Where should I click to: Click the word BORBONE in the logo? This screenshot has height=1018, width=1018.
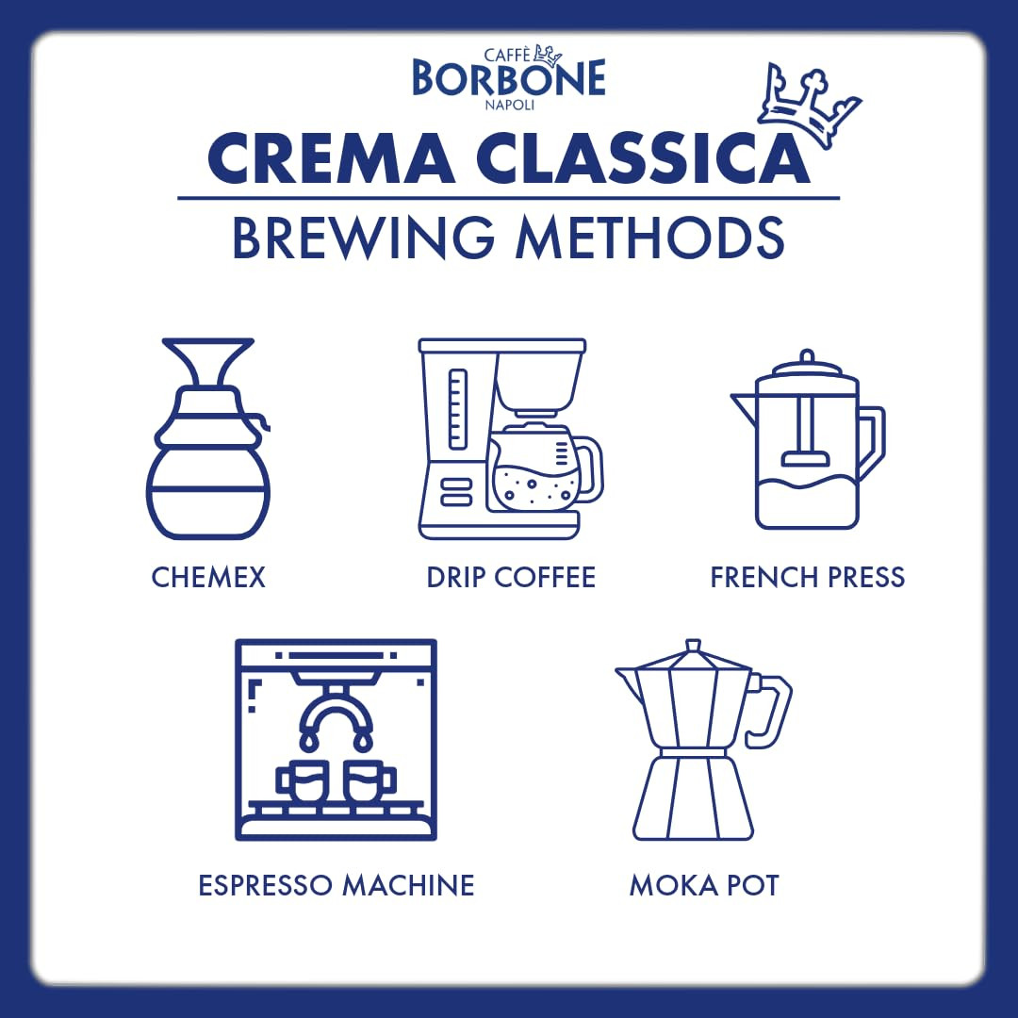tap(508, 79)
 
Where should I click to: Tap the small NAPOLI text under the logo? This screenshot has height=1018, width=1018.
tap(508, 106)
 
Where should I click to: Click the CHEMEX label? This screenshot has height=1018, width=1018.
tap(208, 577)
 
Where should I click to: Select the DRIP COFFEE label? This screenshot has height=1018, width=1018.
tap(511, 577)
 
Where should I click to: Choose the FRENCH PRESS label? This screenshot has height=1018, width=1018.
tap(808, 577)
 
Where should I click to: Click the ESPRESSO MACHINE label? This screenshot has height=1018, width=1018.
tap(337, 886)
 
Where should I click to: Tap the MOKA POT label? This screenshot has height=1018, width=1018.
tap(704, 886)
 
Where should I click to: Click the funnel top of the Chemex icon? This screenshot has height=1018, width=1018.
tap(208, 363)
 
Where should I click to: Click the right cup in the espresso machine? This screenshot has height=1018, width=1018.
tap(369, 781)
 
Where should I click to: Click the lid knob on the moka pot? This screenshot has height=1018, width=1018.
tap(693, 647)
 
